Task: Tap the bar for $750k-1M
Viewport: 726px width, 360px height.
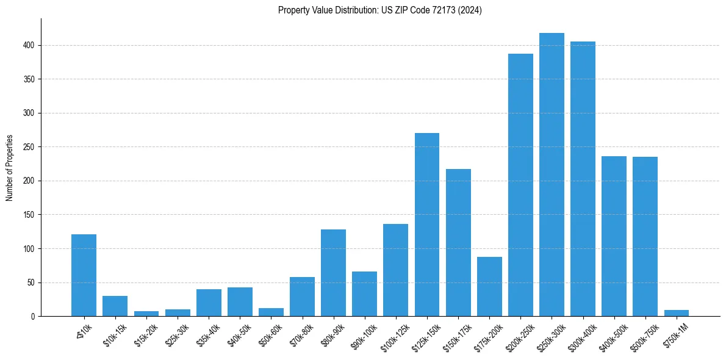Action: pyautogui.click(x=676, y=313)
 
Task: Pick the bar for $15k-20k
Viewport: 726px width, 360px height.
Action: pyautogui.click(x=146, y=314)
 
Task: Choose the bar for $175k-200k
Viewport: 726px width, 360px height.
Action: pyautogui.click(x=489, y=287)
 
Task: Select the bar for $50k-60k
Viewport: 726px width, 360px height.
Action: pyautogui.click(x=271, y=312)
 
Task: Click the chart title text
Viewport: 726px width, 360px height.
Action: pyautogui.click(x=379, y=10)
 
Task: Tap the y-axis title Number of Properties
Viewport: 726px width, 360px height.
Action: pyautogui.click(x=10, y=167)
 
